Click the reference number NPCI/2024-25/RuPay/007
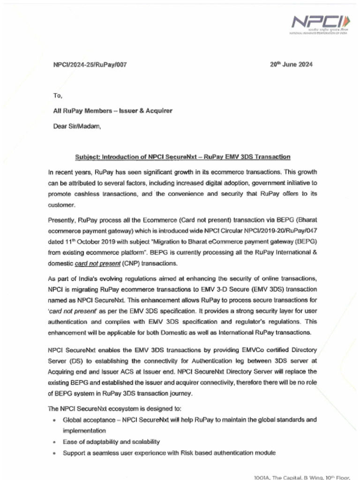click(x=90, y=65)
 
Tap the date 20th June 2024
click(x=291, y=65)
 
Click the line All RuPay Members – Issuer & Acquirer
click(x=112, y=111)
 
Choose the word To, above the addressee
click(x=58, y=96)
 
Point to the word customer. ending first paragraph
click(x=61, y=205)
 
